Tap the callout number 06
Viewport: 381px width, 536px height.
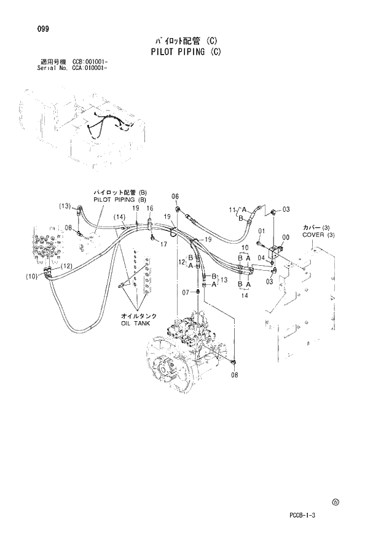pos(175,196)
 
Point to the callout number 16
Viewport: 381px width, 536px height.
pos(149,209)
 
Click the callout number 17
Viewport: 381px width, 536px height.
pos(164,244)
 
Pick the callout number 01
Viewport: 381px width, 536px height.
pos(261,231)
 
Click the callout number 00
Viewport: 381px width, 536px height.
pos(285,237)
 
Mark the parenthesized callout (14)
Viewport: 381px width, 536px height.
pos(119,217)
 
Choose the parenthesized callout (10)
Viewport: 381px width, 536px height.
pos(32,277)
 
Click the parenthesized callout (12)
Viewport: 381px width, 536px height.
pos(66,266)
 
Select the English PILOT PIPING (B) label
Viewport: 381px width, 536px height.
pos(120,200)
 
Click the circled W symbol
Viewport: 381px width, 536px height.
pos(335,502)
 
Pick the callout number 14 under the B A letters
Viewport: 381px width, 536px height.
pos(244,295)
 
